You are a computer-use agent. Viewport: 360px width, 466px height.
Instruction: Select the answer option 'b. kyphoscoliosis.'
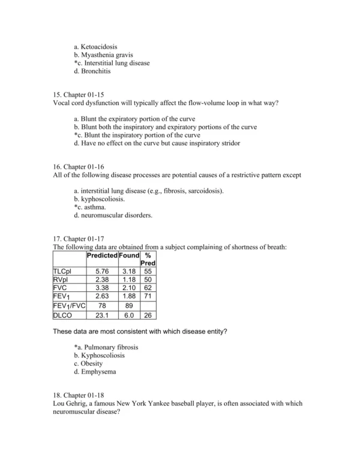pyautogui.click(x=99, y=199)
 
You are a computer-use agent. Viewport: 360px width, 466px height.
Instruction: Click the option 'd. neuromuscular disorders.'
pyautogui.click(x=112, y=216)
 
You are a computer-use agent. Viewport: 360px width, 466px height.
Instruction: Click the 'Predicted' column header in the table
pyautogui.click(x=102, y=256)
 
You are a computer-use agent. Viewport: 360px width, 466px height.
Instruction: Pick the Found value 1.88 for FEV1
pyautogui.click(x=128, y=295)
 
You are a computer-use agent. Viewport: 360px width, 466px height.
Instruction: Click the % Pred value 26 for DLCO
pyautogui.click(x=148, y=314)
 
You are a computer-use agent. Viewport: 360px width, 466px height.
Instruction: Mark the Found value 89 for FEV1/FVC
pyautogui.click(x=128, y=304)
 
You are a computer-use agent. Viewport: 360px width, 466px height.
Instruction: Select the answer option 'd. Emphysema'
pyautogui.click(x=95, y=372)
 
